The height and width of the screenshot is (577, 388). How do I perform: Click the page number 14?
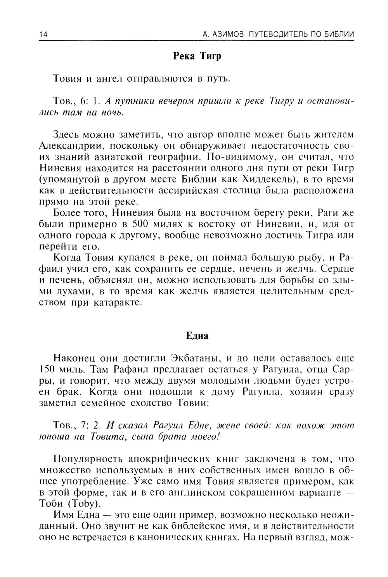pos(43,35)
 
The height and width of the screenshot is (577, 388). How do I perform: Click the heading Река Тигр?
pos(197,56)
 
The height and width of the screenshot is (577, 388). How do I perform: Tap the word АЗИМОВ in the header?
pos(229,35)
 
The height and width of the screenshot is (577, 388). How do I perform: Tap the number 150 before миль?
pos(47,369)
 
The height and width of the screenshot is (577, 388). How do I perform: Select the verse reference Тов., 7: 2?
pos(77,425)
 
